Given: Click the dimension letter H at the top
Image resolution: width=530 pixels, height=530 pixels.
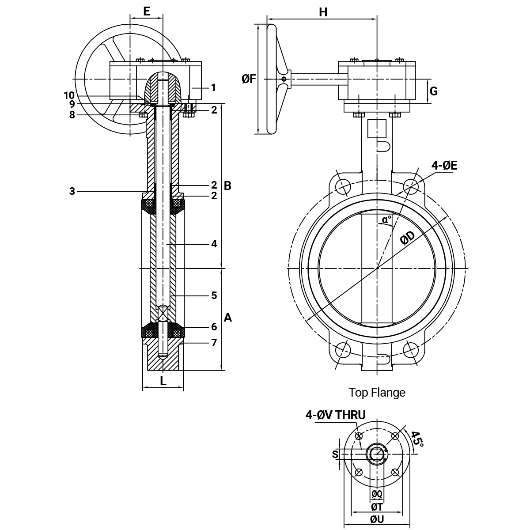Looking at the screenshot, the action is [323, 12].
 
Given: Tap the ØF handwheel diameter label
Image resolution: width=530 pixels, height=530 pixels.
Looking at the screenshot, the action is [249, 79].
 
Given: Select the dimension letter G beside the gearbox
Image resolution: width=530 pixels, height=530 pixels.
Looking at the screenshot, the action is [433, 91].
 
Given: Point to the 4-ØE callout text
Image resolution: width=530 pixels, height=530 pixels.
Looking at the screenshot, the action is [444, 166].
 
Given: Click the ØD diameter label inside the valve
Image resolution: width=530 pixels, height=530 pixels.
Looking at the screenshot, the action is [408, 238].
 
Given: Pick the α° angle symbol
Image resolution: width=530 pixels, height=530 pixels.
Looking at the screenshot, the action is [387, 220].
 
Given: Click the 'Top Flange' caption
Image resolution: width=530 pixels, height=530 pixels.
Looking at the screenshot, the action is [377, 393].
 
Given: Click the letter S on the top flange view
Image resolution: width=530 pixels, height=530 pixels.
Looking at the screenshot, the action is [335, 454].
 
